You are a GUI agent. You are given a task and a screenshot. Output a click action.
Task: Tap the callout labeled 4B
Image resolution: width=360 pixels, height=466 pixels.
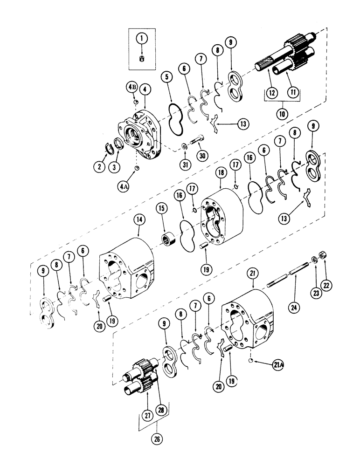(x=131, y=87)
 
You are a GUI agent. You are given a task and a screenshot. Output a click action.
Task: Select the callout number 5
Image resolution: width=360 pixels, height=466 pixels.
(x=166, y=75)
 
